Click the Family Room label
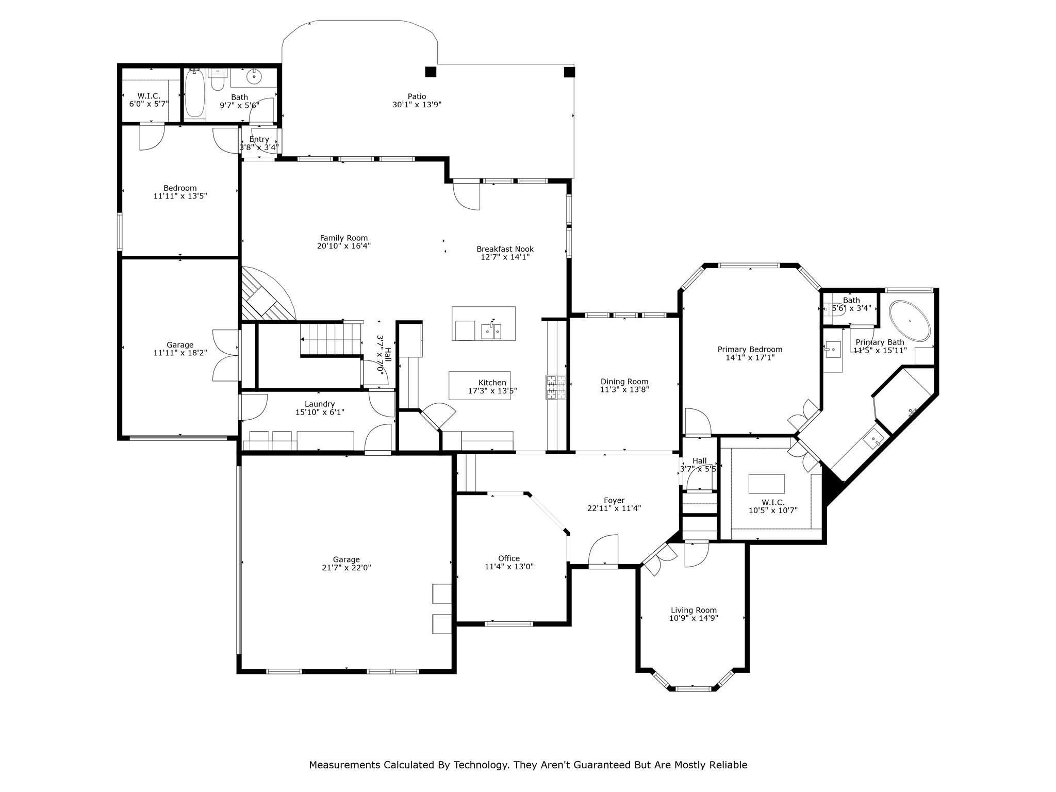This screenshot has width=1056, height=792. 344,238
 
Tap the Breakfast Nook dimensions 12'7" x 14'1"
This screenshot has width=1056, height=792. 505,257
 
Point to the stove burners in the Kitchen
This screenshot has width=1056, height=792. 556,388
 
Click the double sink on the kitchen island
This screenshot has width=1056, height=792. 491,331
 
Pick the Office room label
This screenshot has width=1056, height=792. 509,558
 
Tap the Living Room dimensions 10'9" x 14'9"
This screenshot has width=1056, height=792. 694,618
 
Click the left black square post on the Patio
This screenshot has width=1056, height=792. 431,72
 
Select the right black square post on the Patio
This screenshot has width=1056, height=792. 569,72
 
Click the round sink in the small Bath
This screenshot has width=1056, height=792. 254,77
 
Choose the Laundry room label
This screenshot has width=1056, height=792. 320,404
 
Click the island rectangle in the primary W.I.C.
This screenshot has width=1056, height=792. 766,484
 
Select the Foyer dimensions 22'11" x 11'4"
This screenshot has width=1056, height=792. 614,508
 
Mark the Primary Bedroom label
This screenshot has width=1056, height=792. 750,350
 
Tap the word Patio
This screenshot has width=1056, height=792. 417,96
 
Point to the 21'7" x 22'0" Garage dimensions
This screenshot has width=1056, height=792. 346,568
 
